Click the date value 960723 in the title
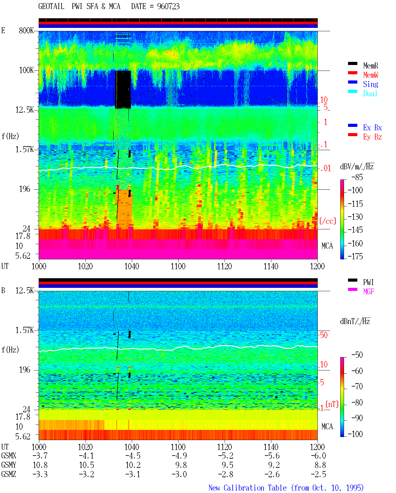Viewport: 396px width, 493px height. click(168, 6)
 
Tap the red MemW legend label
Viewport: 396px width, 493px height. click(370, 75)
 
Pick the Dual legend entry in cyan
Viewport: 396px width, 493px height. click(370, 93)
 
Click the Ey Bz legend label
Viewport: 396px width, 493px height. click(372, 137)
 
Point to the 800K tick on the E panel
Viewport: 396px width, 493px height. click(26, 30)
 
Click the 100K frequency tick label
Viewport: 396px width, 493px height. click(26, 70)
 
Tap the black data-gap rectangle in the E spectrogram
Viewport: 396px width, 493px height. click(123, 89)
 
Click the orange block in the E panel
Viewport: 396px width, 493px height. click(125, 209)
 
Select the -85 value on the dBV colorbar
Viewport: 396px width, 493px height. click(357, 177)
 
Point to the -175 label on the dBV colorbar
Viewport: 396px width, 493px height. click(355, 256)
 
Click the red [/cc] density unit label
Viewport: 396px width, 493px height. click(328, 221)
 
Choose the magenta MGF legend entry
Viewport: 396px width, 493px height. click(368, 292)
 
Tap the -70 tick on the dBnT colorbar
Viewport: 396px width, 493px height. click(357, 386)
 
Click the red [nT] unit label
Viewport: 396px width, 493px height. click(332, 404)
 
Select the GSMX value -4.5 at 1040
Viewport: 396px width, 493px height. click(133, 456)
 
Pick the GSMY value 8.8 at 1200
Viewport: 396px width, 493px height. click(320, 465)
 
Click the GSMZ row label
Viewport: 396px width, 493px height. click(9, 474)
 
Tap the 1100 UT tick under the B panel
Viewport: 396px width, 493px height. click(178, 447)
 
